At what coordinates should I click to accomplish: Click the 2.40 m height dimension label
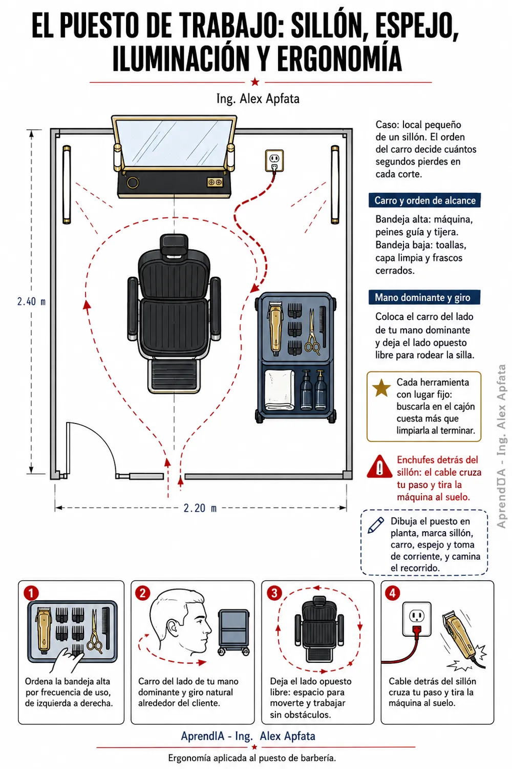tap(31, 301)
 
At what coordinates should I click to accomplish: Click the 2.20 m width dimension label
tap(200, 508)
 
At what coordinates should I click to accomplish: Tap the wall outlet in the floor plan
tap(274, 160)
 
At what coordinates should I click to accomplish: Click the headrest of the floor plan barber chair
tap(174, 245)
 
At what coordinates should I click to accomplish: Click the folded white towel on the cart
tap(280, 389)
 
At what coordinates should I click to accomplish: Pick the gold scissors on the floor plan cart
tap(312, 332)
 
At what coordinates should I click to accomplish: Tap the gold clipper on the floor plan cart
tap(275, 329)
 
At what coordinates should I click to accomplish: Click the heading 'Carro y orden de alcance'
tap(424, 200)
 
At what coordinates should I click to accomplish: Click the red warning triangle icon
tap(379, 467)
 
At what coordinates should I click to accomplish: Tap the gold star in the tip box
tap(381, 388)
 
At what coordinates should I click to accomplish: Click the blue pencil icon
tap(376, 525)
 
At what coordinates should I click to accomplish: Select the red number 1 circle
tap(31, 593)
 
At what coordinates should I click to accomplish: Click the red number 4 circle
tap(392, 593)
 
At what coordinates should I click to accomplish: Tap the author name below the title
tap(258, 99)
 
